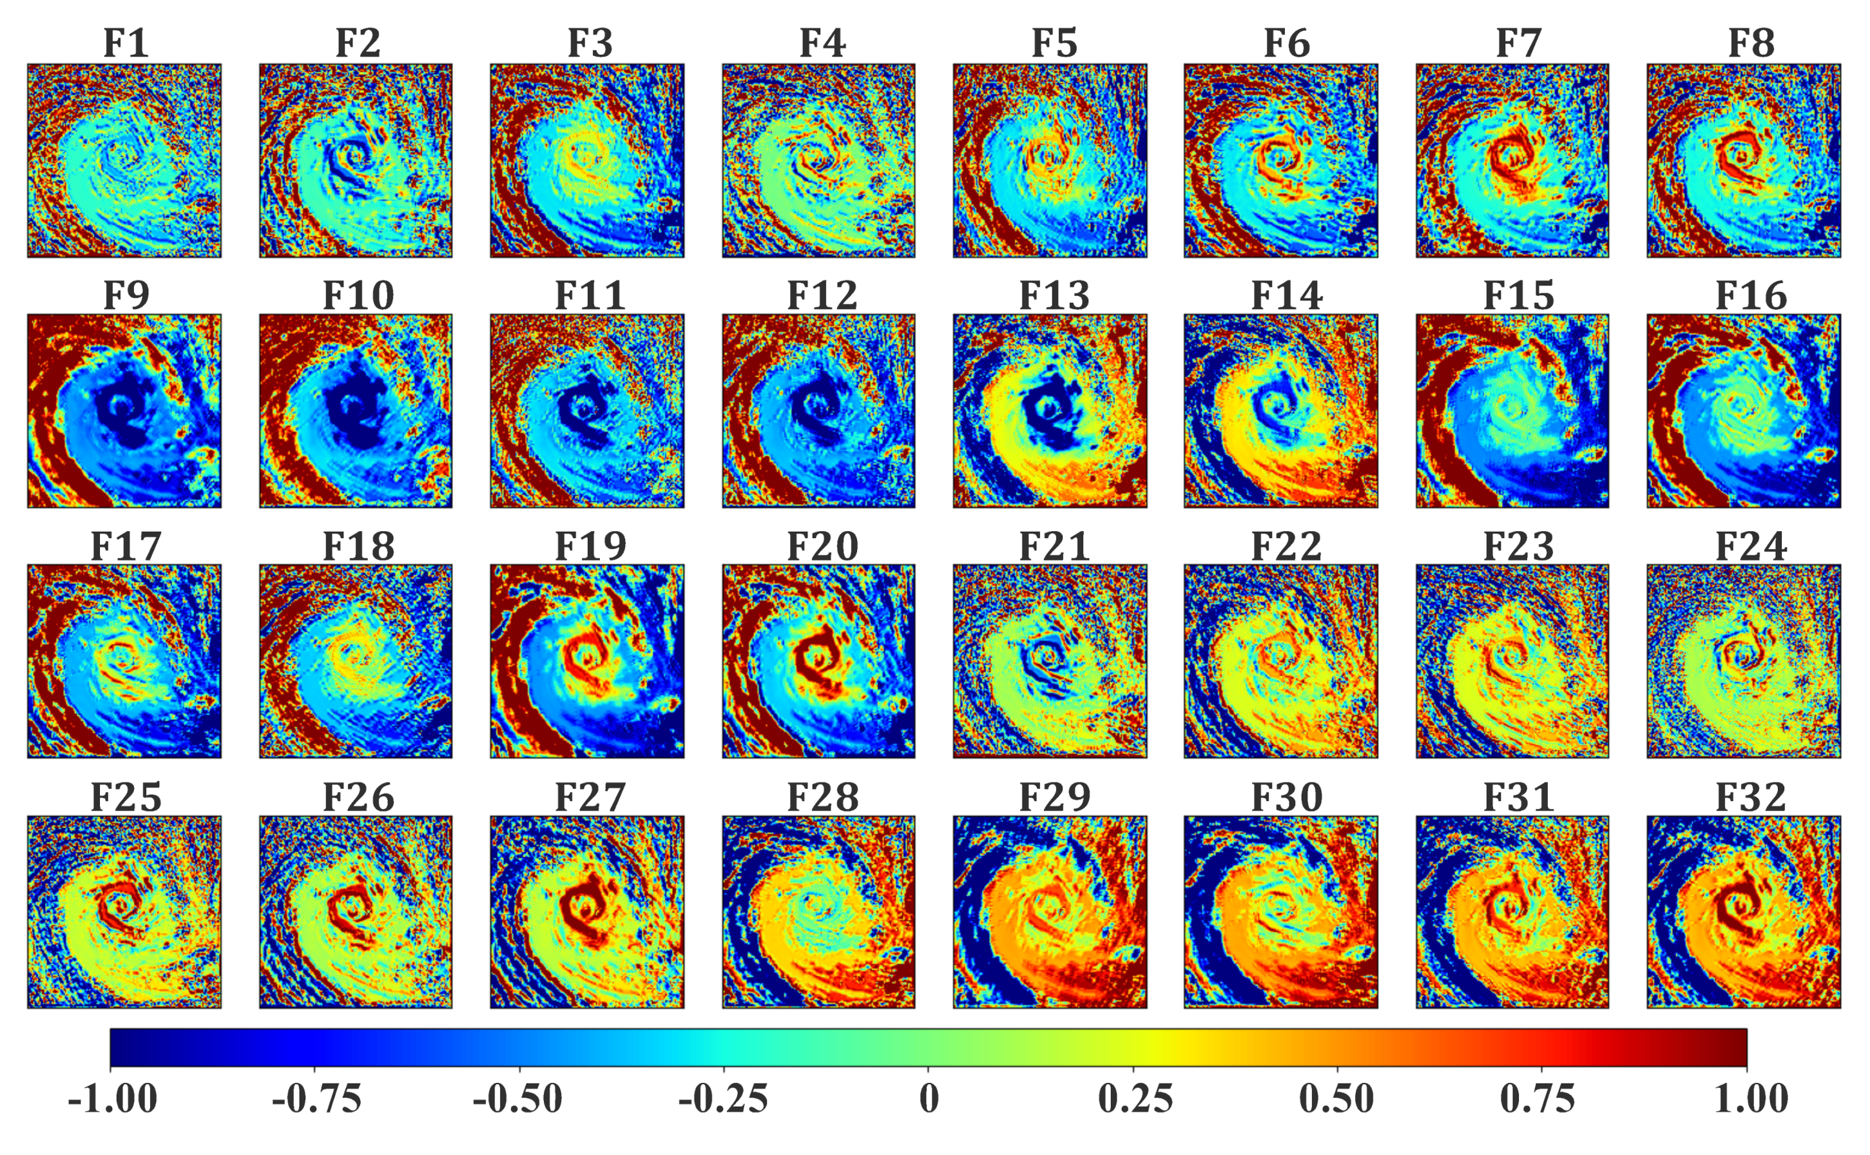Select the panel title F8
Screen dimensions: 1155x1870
pos(1751,44)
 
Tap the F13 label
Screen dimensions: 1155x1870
pos(1054,296)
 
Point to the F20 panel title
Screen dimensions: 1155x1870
pos(822,546)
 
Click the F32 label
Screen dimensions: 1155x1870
pos(1751,797)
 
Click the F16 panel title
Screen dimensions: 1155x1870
pos(1751,296)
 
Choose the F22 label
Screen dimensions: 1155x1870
pos(1287,546)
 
